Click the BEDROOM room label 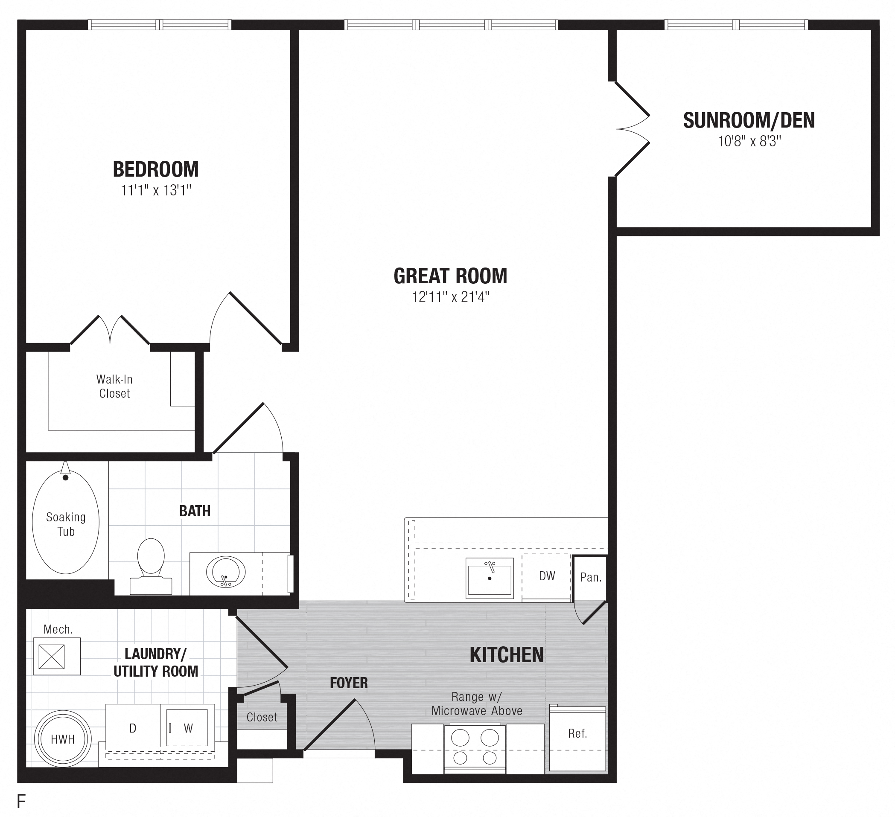tap(155, 169)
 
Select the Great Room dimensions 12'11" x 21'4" tap(450, 297)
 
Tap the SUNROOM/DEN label tap(749, 121)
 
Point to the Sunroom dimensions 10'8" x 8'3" tap(749, 142)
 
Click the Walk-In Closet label tap(114, 386)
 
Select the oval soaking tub tap(66, 522)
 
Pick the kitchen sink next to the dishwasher tap(490, 578)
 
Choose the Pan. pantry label tap(590, 577)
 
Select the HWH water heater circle tap(63, 739)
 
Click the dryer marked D tap(133, 728)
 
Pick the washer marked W tap(188, 728)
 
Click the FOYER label tap(349, 683)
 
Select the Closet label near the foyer tap(262, 717)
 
